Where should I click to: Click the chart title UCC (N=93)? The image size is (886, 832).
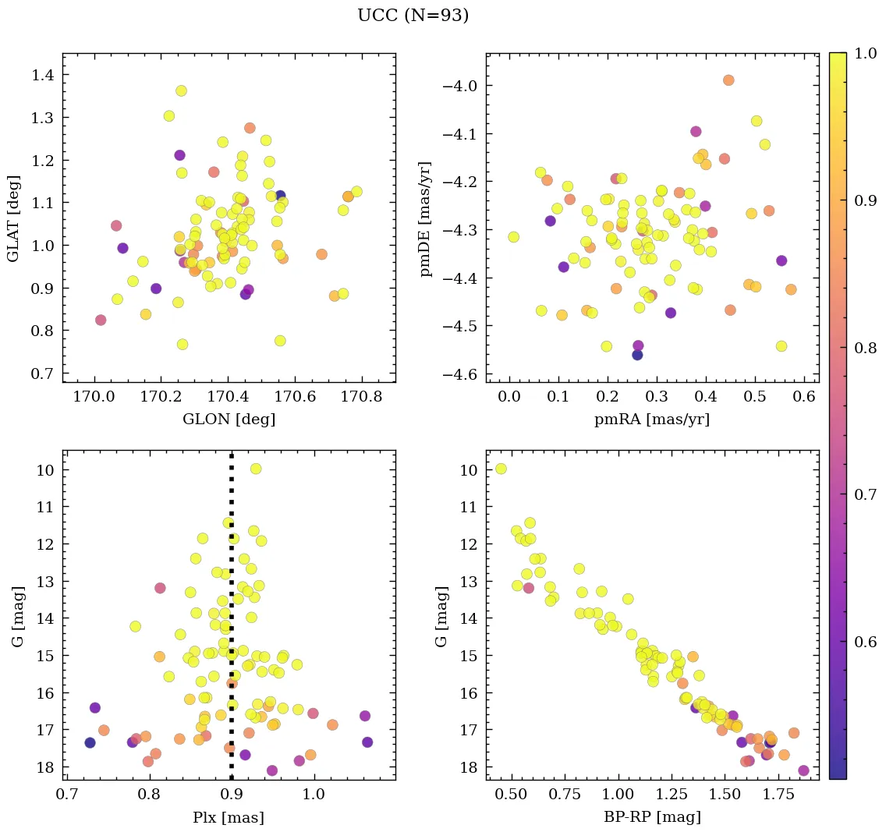pos(413,16)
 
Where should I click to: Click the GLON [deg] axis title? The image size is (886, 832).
pos(229,419)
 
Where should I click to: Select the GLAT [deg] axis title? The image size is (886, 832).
pos(13,218)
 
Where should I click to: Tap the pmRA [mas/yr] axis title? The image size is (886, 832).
pos(652,419)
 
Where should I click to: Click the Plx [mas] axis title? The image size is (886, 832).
pos(229,817)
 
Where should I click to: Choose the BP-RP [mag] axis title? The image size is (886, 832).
pos(652,817)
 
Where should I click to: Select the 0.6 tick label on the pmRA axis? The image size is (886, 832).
pos(803,397)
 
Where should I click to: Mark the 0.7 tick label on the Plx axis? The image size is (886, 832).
pos(67,795)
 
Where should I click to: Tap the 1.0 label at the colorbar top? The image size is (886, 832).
pos(863,53)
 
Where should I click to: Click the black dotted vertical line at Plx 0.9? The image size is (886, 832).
pos(232,624)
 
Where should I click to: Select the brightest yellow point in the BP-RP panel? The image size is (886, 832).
pos(501,469)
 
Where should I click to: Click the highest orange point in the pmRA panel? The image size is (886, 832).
pos(728,80)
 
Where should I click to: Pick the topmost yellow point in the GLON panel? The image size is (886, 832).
pos(181,91)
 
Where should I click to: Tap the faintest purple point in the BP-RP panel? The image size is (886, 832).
pos(804,770)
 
